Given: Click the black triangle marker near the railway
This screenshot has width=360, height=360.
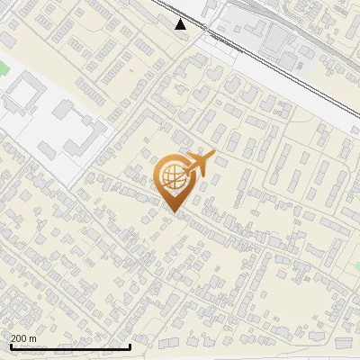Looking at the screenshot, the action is [x=181, y=24].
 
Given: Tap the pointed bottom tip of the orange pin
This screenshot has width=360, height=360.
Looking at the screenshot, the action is [x=173, y=211].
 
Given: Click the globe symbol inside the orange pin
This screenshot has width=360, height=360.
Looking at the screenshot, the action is [x=172, y=178].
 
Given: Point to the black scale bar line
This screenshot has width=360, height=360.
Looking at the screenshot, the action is [x=70, y=346].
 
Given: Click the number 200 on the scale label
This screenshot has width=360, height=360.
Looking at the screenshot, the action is [x=20, y=338].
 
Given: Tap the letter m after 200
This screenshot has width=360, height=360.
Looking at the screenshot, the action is [x=34, y=338].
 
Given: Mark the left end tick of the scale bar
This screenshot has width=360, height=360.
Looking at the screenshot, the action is [x=10, y=345].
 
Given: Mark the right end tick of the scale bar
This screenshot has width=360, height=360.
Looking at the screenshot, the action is [x=130, y=345].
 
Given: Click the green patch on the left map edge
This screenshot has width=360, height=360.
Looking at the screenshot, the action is [x=3, y=68].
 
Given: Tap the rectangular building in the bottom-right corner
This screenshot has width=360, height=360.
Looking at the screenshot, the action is [x=345, y=343].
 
